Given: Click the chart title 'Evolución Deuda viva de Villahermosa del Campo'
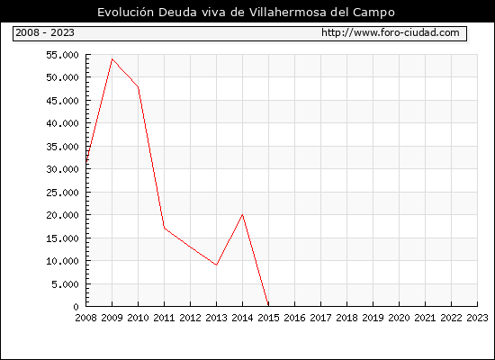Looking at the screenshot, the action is tap(246, 12).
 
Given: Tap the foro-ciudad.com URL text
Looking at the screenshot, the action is tap(391, 32).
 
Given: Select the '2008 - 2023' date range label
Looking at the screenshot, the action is tap(45, 32).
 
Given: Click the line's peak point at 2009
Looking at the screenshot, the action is tap(112, 59).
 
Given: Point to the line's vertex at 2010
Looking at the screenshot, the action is tap(139, 86).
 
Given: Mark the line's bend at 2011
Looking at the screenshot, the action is tap(164, 228).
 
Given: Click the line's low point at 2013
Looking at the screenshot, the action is tap(216, 265).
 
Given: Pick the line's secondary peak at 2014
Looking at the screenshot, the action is tap(242, 215).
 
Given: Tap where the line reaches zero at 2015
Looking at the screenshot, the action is tap(268, 306).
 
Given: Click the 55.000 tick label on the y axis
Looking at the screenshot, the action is tap(62, 55).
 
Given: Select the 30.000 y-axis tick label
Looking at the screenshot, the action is tap(62, 169).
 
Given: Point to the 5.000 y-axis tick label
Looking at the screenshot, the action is tap(65, 284).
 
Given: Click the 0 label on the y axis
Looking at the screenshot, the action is tap(76, 307).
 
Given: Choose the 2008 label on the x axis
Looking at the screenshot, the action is tap(85, 318).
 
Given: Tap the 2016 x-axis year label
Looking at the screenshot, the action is tap(294, 318).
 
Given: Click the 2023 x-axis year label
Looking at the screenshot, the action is tap(477, 318).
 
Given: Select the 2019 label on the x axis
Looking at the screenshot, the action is tap(373, 318).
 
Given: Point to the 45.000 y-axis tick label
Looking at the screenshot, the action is tap(62, 101).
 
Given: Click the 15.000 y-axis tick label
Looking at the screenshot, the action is tap(62, 238).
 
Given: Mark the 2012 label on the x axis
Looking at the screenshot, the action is tap(191, 318).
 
